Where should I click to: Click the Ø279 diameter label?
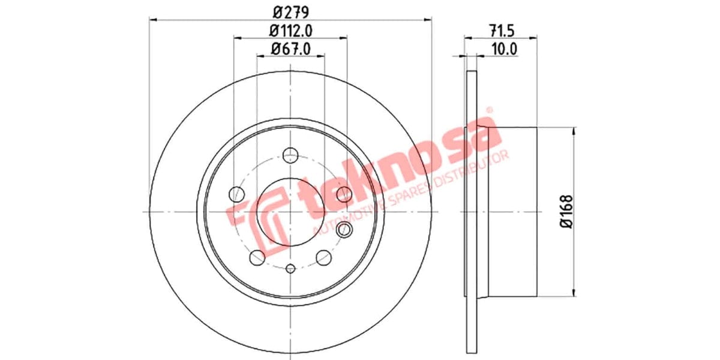tap(290, 11)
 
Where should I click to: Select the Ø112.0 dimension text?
tap(290, 30)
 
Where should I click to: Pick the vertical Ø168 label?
tap(565, 211)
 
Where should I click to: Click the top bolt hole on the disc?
tap(290, 154)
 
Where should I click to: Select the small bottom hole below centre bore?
tap(290, 269)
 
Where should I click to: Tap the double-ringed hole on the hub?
tap(344, 229)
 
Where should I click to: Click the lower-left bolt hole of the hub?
tap(257, 257)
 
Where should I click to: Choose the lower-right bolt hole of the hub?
tap(324, 257)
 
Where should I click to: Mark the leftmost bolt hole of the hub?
tap(237, 194)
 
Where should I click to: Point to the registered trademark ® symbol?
tap(489, 110)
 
